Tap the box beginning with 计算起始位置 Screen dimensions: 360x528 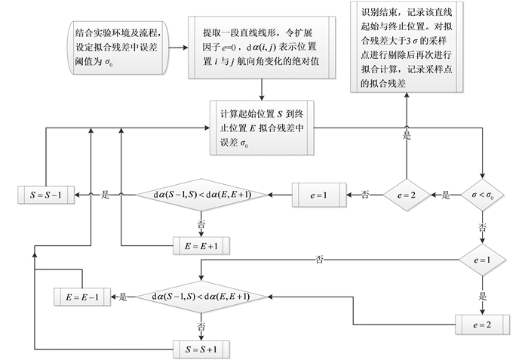coord(261,129)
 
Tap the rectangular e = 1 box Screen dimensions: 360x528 coord(318,195)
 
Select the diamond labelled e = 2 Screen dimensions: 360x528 coord(407,195)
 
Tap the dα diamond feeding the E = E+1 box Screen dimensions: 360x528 coord(201,195)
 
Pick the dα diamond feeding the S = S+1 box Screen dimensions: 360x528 coord(201,297)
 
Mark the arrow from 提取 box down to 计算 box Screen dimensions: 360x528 coord(261,89)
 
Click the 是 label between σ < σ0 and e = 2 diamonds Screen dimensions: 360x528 coord(445,195)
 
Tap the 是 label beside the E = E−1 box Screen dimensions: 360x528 coord(124,297)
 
